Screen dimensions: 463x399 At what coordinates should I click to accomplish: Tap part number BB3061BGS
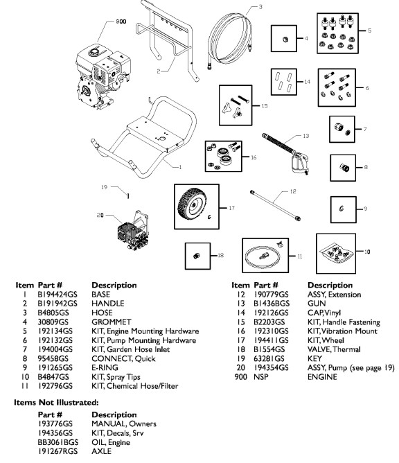click(x=66, y=448)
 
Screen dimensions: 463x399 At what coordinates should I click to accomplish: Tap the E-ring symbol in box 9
click(x=342, y=208)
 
